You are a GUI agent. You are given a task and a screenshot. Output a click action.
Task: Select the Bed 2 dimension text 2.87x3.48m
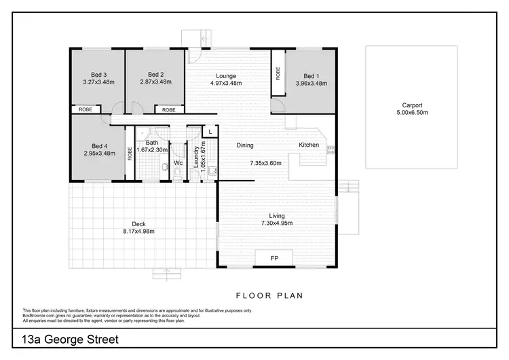[155, 83]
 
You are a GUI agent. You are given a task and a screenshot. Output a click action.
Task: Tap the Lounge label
[225, 75]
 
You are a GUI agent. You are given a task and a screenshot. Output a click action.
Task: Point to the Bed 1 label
[312, 75]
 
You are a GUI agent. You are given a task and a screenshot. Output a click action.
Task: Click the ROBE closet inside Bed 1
[278, 73]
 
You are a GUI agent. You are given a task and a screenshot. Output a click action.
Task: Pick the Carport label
[412, 105]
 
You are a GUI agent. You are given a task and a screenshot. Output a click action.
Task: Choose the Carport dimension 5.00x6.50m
[412, 113]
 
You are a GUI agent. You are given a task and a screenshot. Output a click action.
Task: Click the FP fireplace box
[274, 259]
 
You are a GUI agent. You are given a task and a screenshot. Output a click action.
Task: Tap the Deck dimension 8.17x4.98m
[139, 232]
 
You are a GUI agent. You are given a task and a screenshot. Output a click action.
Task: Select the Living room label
[276, 216]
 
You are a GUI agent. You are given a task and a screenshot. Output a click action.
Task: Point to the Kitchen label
[309, 145]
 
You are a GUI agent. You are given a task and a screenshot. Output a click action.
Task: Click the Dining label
[245, 145]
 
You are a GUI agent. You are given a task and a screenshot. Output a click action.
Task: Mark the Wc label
[178, 163]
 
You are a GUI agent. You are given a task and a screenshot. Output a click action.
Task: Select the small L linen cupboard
[210, 130]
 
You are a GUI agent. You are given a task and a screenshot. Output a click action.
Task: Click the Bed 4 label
[100, 146]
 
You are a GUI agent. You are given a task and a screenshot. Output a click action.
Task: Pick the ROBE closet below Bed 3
[86, 109]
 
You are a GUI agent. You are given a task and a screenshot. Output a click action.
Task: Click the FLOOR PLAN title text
[269, 295]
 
